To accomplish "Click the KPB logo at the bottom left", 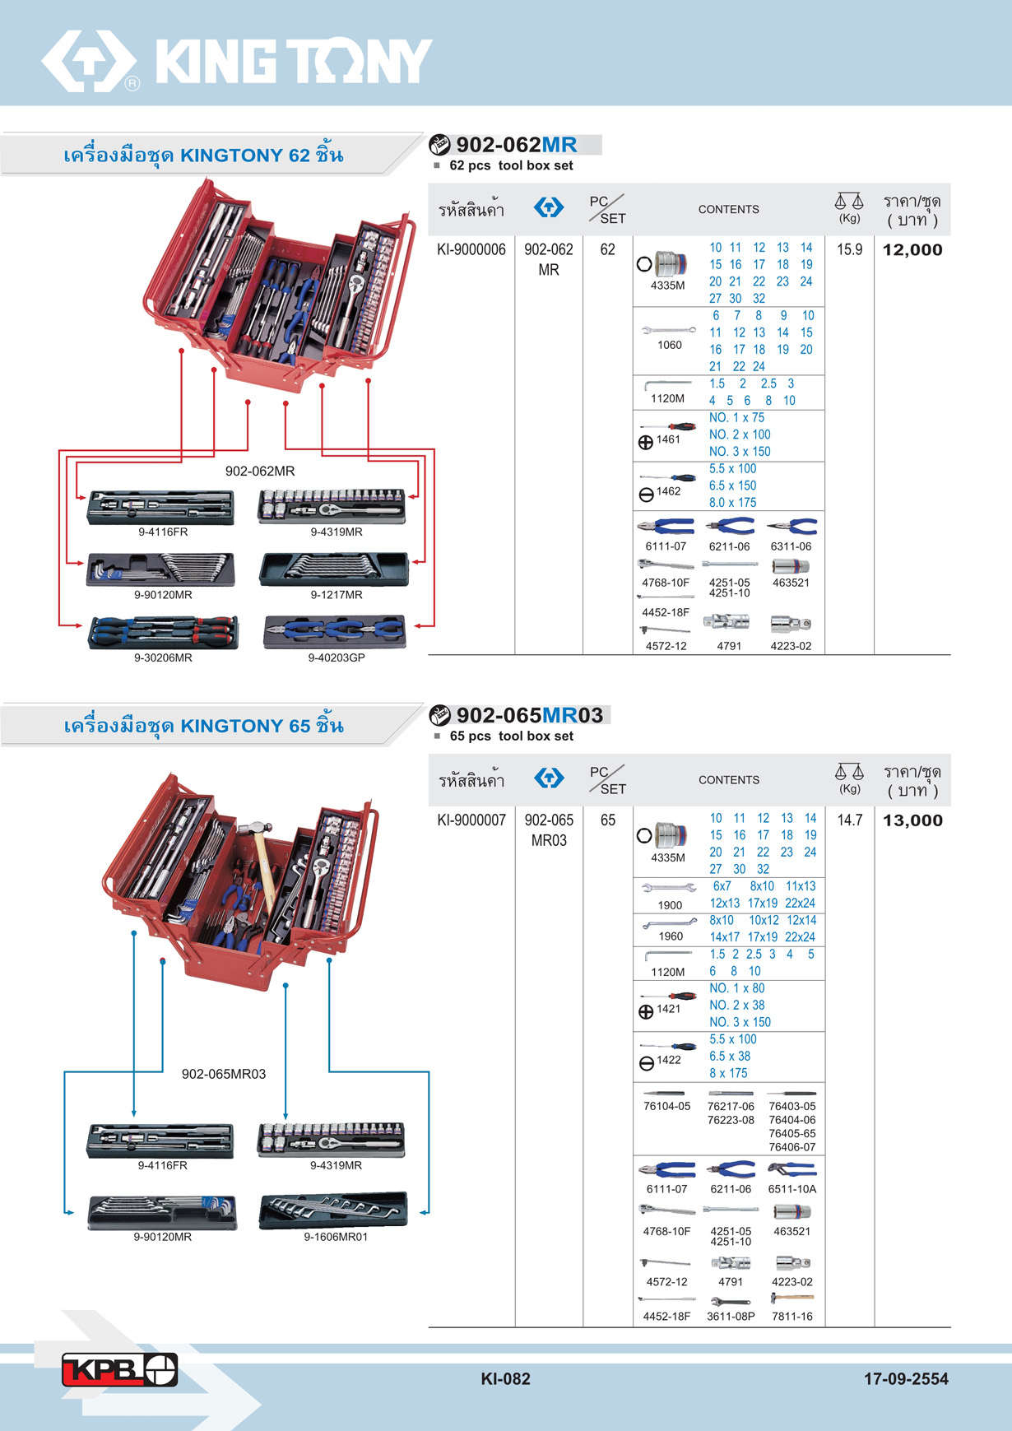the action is click(x=119, y=1369).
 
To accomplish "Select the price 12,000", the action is click(x=912, y=250).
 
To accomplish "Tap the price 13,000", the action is click(x=912, y=820).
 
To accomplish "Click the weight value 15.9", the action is click(x=849, y=249).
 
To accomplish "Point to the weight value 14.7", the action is click(x=849, y=820).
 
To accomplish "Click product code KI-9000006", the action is click(x=471, y=249).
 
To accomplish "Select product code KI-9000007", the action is click(x=471, y=820).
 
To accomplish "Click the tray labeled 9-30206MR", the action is click(x=163, y=632).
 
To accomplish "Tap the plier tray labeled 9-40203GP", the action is click(x=335, y=632).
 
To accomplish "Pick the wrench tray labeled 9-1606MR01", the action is click(x=333, y=1210).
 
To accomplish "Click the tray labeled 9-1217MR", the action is click(x=334, y=569).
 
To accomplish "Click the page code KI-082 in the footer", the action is click(x=505, y=1379).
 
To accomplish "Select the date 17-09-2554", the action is click(x=906, y=1379).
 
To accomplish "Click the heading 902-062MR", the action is click(x=517, y=145).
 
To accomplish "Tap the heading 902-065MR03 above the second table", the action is click(x=530, y=715).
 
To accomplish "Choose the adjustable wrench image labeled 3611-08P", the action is click(x=730, y=1301).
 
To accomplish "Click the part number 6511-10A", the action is click(x=791, y=1189).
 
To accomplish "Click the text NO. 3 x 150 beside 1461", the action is click(x=740, y=452).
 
